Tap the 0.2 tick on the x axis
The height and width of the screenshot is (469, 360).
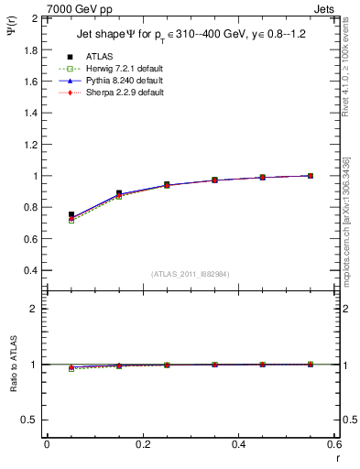(142, 444)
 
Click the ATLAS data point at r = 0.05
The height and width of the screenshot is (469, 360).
(71, 214)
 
